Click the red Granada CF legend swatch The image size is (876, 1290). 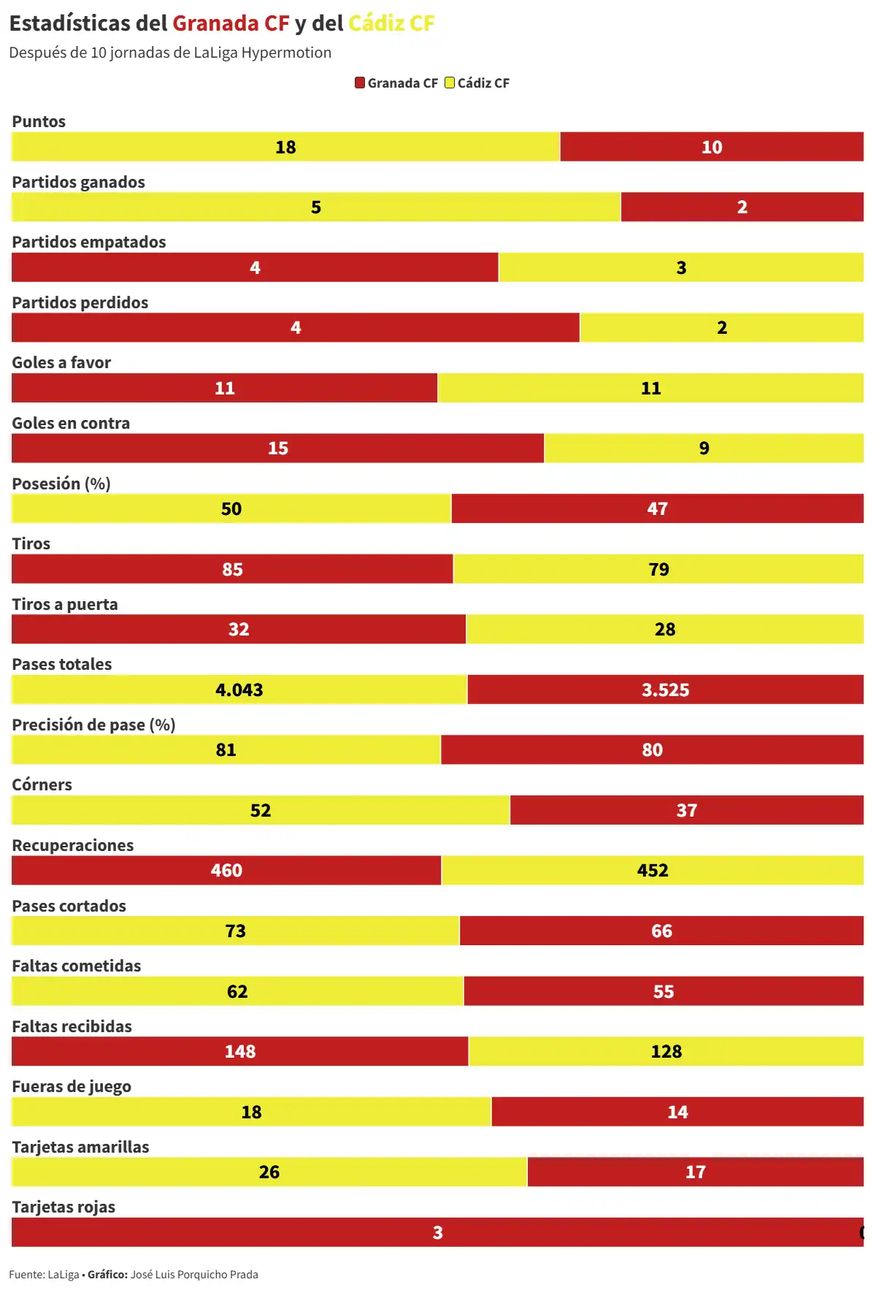pyautogui.click(x=360, y=83)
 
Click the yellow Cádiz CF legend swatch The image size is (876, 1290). pyautogui.click(x=450, y=83)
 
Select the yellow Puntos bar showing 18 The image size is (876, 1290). pyautogui.click(x=285, y=147)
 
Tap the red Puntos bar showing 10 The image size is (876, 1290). pyautogui.click(x=712, y=147)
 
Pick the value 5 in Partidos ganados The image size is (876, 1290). pyautogui.click(x=316, y=207)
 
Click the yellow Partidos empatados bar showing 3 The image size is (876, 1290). pyautogui.click(x=680, y=267)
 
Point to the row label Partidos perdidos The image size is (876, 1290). pyautogui.click(x=80, y=302)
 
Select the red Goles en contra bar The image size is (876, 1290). pyautogui.click(x=277, y=449)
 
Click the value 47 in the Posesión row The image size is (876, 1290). pyautogui.click(x=657, y=509)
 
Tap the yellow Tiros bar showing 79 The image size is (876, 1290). pyautogui.click(x=658, y=569)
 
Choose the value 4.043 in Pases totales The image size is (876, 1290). pyautogui.click(x=239, y=690)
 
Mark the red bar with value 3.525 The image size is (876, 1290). pyautogui.click(x=665, y=690)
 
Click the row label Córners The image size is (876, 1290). pyautogui.click(x=42, y=785)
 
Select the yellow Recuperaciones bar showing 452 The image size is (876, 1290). pyautogui.click(x=652, y=871)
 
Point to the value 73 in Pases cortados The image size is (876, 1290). pyautogui.click(x=235, y=931)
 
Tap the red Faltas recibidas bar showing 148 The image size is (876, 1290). pyautogui.click(x=239, y=1052)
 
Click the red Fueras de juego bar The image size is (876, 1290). pyautogui.click(x=677, y=1112)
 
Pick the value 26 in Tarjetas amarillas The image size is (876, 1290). pyautogui.click(x=269, y=1172)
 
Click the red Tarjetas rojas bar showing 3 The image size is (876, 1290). pyautogui.click(x=437, y=1233)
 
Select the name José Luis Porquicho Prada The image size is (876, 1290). pyautogui.click(x=194, y=1275)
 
